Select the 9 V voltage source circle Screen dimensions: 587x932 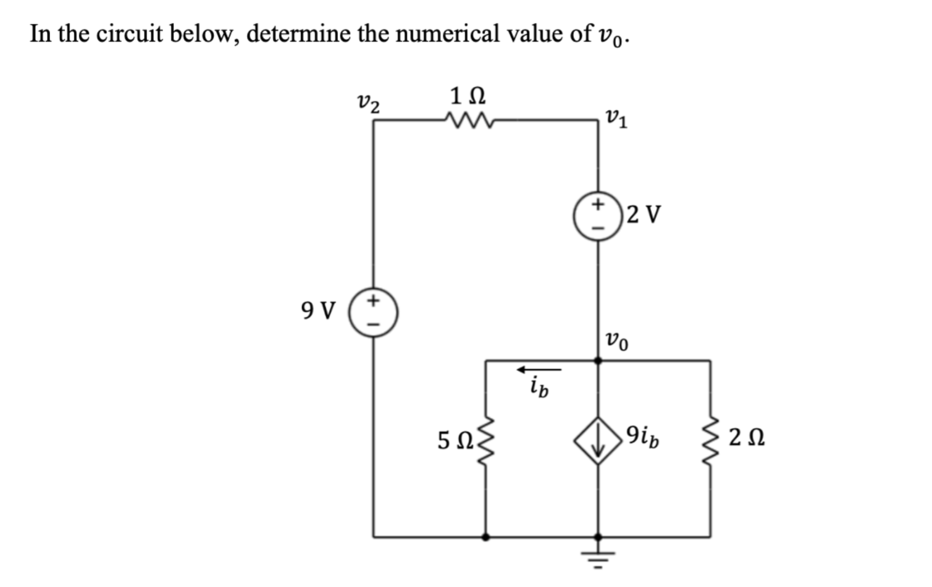coord(373,312)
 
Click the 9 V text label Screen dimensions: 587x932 coord(318,311)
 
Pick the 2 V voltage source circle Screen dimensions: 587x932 coord(598,216)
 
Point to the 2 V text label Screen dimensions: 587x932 coord(643,215)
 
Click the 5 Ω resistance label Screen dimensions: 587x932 coord(455,440)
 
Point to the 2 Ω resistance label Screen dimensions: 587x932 coord(746,439)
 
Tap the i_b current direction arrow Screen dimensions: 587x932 coord(539,369)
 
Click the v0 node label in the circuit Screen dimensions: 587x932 coord(616,341)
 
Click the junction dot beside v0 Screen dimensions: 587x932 coord(598,360)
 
